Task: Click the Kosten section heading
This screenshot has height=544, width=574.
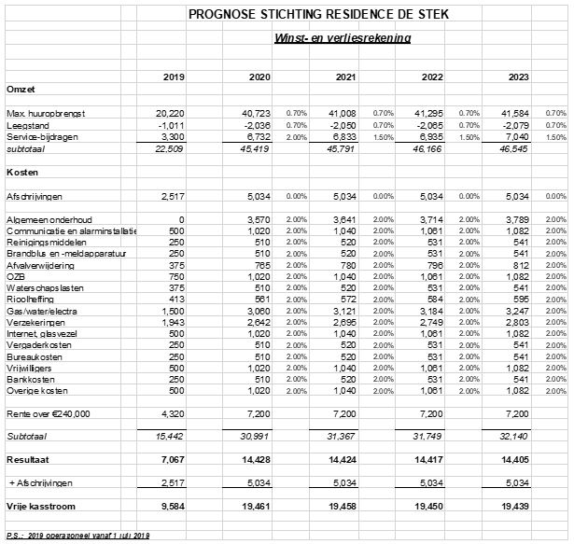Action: coord(21,173)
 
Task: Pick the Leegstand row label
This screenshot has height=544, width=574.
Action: coord(27,124)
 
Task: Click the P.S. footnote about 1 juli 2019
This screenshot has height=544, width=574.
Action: coord(77,535)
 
